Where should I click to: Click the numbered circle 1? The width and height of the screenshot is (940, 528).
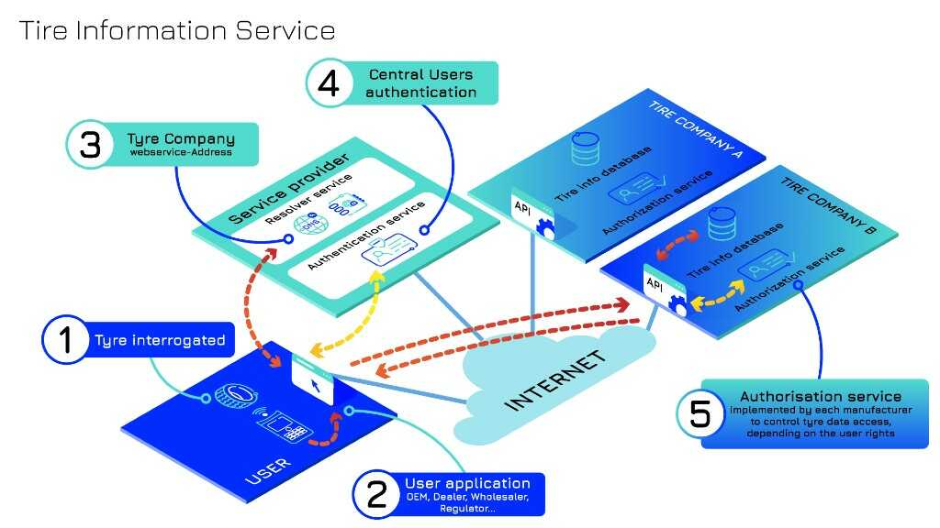[65, 340]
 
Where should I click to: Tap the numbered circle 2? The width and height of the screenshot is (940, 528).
[376, 495]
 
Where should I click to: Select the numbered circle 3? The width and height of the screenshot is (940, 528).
[90, 146]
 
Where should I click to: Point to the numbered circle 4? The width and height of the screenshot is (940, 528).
[327, 83]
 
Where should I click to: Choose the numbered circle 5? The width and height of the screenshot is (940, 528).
[699, 414]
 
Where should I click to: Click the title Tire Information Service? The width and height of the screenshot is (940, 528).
[177, 30]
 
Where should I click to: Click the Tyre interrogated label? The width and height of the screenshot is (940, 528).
[160, 340]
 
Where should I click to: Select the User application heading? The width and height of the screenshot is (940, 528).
[467, 483]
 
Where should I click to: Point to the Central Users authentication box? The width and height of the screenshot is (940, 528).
[422, 82]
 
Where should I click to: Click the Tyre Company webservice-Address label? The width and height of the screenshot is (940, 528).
[181, 145]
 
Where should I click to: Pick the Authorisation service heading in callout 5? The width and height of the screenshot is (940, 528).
[821, 397]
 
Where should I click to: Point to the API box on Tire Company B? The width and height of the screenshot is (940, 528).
[655, 284]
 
